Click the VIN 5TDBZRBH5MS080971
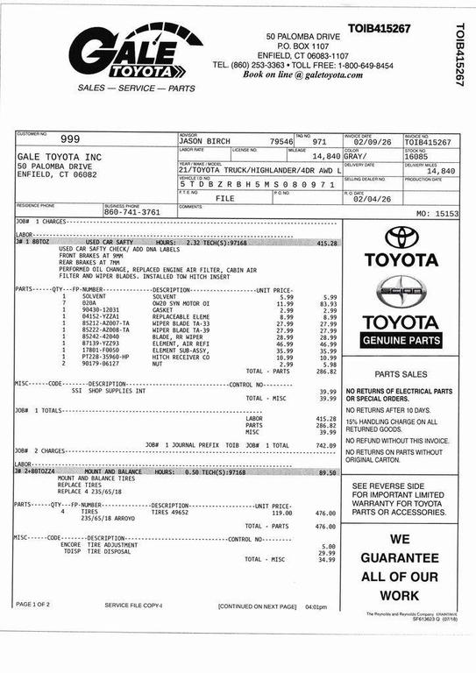tap(257, 185)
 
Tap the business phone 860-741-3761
tap(131, 212)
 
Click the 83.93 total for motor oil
tap(327, 303)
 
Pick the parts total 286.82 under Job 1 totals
tap(326, 425)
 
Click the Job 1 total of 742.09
tap(326, 445)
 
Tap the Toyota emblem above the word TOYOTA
tap(402, 237)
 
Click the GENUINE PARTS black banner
tap(401, 340)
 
